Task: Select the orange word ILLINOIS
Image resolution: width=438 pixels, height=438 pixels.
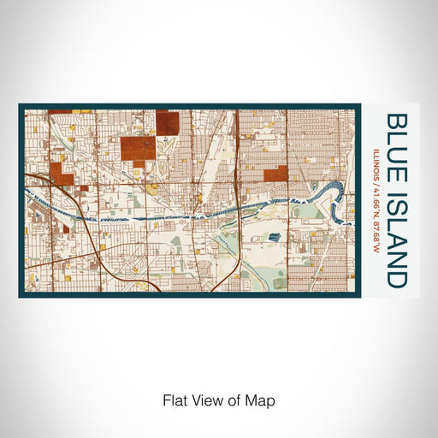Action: point(377,165)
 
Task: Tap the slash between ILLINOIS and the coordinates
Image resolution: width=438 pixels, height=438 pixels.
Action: point(377,186)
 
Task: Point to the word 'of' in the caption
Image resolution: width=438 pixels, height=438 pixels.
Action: point(234,400)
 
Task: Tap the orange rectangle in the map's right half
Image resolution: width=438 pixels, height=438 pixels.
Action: point(275,175)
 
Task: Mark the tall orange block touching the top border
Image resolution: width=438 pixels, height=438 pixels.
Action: point(168,123)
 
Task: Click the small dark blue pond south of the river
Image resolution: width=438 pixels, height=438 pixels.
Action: point(274,214)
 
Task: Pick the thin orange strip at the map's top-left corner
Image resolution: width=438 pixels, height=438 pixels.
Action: point(59,110)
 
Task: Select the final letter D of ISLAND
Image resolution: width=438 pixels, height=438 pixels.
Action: point(396,278)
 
